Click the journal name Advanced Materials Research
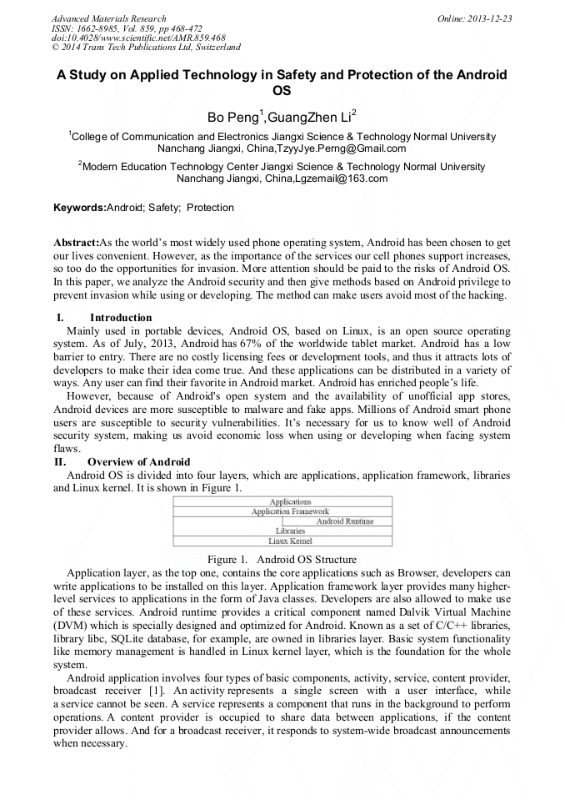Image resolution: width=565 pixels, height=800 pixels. click(108, 18)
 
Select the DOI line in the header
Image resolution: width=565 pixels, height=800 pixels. click(138, 38)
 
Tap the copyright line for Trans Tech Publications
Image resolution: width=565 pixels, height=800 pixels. click(146, 48)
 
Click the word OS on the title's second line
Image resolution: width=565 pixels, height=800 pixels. click(282, 92)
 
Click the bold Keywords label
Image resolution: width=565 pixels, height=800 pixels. click(79, 208)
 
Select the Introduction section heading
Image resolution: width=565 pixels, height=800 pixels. click(120, 318)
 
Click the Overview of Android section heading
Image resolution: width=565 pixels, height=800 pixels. click(138, 462)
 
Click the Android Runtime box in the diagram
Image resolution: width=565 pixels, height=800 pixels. click(344, 521)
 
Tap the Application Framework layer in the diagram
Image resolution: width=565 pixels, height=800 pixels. click(289, 511)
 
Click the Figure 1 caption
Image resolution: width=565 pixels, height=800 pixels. click(282, 559)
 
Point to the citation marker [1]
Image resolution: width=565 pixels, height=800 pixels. click(155, 692)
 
